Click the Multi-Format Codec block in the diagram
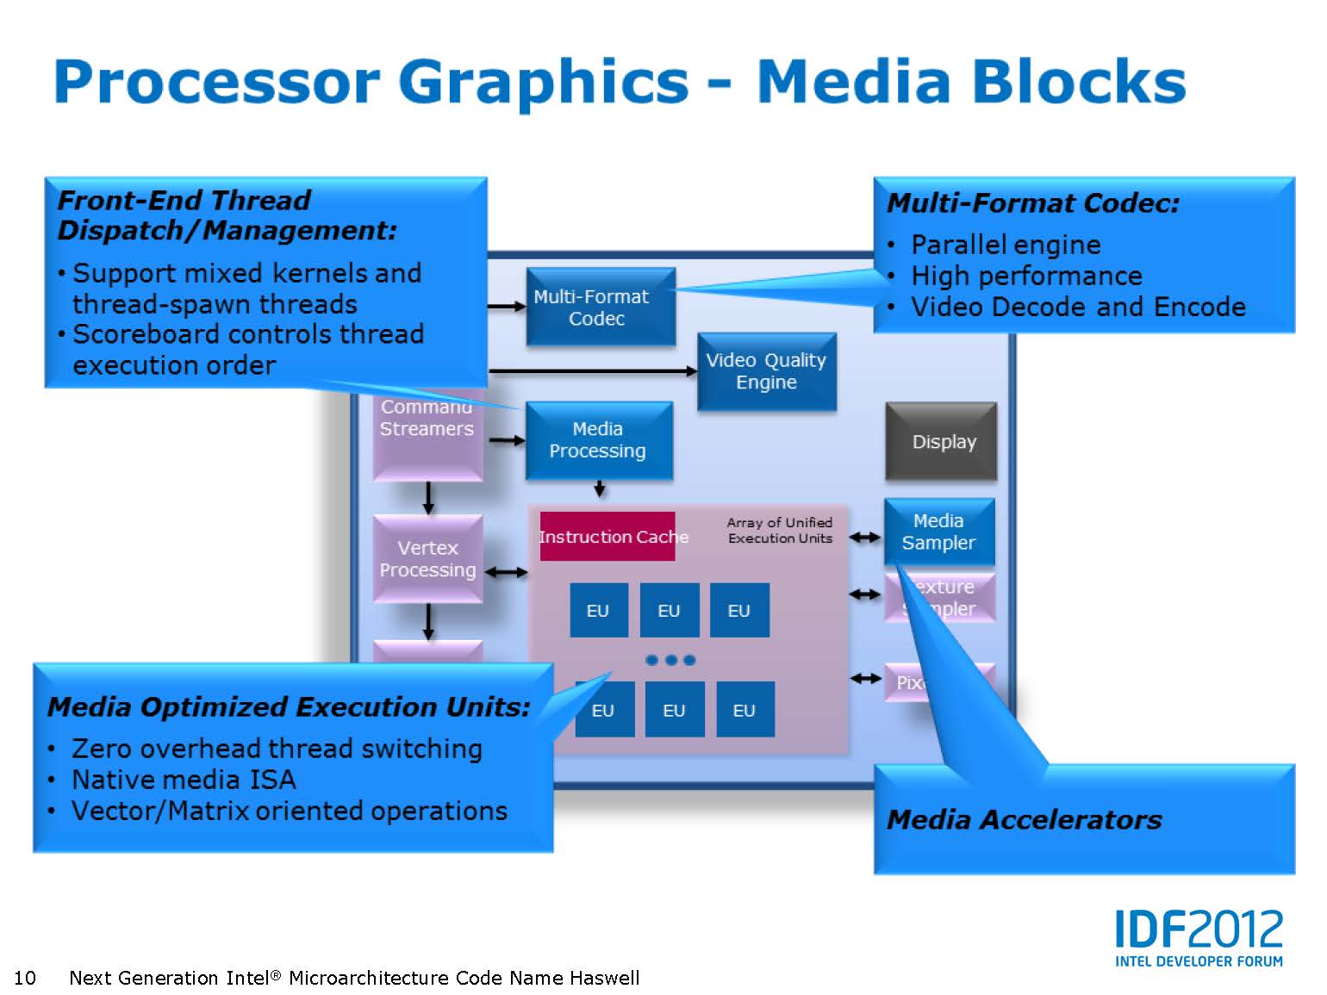pyautogui.click(x=600, y=307)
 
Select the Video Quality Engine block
pyautogui.click(x=766, y=371)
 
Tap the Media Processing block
pyautogui.click(x=598, y=440)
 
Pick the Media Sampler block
pyautogui.click(x=939, y=532)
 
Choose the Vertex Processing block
pyautogui.click(x=427, y=558)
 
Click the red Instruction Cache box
pyautogui.click(x=607, y=537)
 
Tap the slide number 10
pyautogui.click(x=25, y=978)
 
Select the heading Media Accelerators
pyautogui.click(x=1024, y=819)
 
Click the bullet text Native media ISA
pyautogui.click(x=184, y=780)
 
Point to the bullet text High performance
pyautogui.click(x=1026, y=276)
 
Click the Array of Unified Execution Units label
pyautogui.click(x=780, y=530)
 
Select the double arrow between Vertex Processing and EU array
pyautogui.click(x=507, y=571)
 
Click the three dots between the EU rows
pyautogui.click(x=670, y=660)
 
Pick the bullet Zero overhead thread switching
pyautogui.click(x=276, y=749)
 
